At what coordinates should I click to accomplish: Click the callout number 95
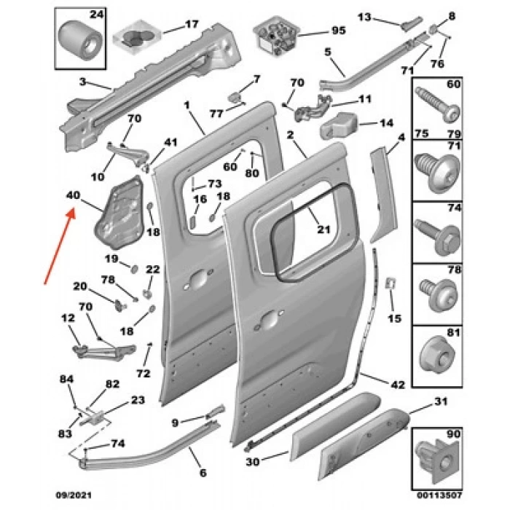point(338,31)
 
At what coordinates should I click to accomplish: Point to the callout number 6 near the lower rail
point(203,473)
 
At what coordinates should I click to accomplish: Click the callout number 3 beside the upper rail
point(83,81)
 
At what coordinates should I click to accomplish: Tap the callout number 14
point(386,123)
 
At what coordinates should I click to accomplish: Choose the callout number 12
point(68,318)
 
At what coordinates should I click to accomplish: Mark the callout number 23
point(137,399)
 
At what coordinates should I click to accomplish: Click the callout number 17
point(191,24)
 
